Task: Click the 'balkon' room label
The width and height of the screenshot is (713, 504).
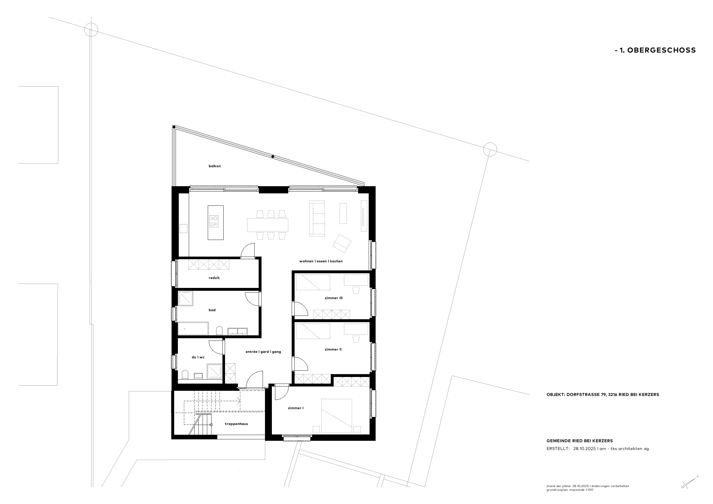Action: pos(215,166)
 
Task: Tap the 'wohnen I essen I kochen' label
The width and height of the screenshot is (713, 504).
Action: pos(321,261)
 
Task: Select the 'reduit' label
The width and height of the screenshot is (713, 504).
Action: pos(214,278)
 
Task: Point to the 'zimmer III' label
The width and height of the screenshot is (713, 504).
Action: pos(334,298)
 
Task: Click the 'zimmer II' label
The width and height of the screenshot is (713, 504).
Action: pos(333,349)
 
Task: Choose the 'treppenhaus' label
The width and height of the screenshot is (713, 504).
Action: pos(236,424)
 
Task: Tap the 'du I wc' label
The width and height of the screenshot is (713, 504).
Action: pos(198,357)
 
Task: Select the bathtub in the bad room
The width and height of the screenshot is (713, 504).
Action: pos(193,328)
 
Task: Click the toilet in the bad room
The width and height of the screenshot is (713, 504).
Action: pos(220,330)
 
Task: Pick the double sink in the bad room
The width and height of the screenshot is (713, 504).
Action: pos(238,331)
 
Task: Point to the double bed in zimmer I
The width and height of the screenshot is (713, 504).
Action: pos(337,416)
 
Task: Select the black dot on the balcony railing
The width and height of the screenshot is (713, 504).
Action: pos(273,157)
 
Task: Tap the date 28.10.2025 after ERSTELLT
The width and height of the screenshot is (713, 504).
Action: pos(584,449)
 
